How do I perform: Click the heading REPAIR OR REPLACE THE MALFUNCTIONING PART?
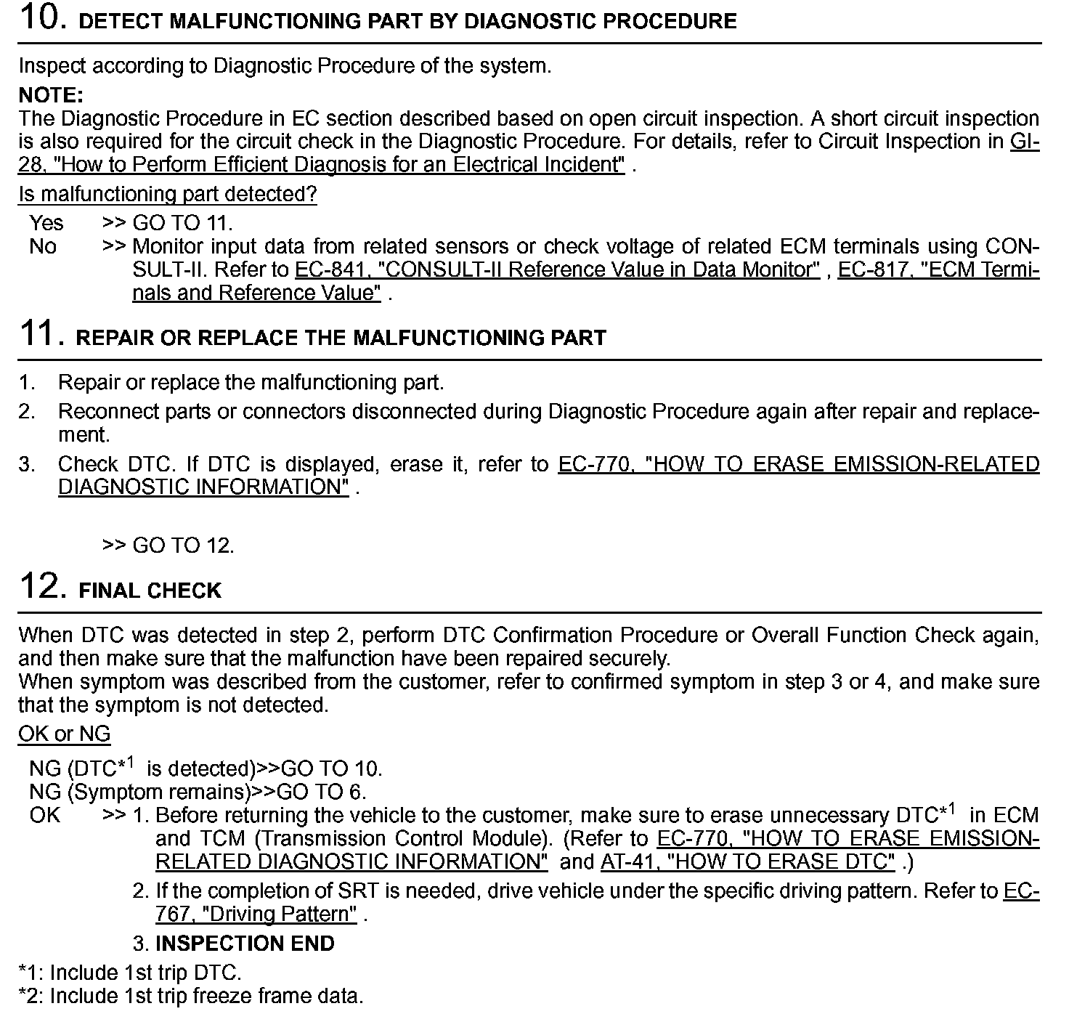(341, 338)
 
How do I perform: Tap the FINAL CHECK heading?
(150, 591)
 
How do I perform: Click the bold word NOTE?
(51, 95)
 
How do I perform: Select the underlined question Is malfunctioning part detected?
(167, 194)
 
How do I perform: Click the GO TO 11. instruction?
(182, 223)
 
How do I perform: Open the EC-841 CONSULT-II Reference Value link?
(557, 270)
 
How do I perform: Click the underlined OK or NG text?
(64, 734)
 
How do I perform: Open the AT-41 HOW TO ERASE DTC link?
(748, 862)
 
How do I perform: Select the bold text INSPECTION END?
(245, 944)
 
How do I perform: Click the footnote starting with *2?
(190, 996)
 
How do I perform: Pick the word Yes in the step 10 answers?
(46, 223)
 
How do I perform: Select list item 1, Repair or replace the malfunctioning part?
(251, 382)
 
